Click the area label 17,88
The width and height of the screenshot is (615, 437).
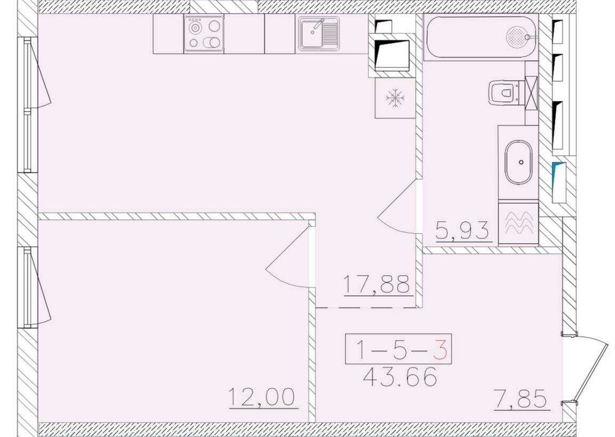pos(377,284)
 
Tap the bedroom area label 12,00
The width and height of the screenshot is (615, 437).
pos(262,396)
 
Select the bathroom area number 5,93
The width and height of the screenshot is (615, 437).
pos(463,231)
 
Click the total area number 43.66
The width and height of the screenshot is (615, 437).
pos(400,378)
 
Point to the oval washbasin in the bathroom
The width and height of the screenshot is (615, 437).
pos(519,163)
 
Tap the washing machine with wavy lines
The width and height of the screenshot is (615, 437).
pos(519,223)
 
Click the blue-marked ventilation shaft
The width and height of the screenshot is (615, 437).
pos(559,182)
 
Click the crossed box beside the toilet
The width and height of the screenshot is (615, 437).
pos(531,93)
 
